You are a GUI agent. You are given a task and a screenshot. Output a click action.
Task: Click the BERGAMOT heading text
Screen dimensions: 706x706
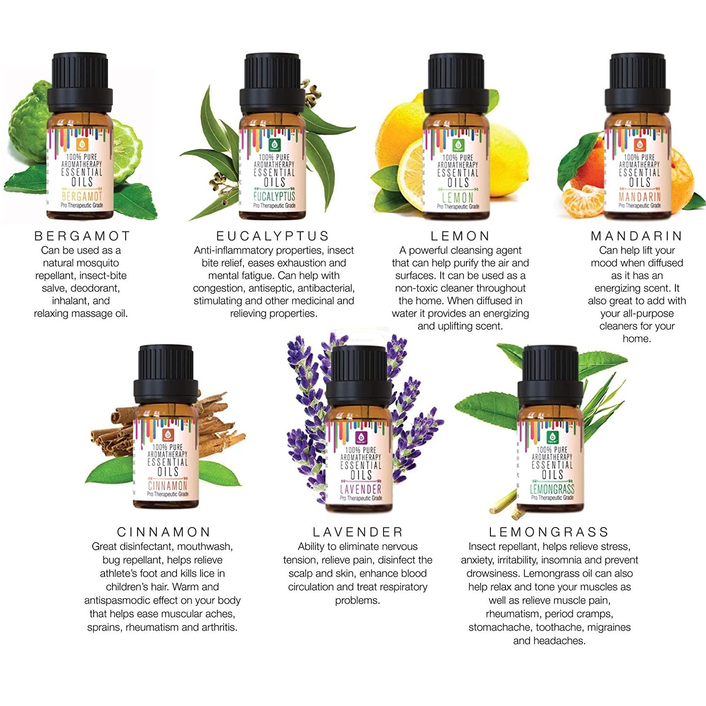[82, 236]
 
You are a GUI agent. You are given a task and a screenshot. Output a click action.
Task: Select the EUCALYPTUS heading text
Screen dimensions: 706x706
[273, 236]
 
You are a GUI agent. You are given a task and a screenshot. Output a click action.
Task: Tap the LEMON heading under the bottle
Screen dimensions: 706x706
[460, 236]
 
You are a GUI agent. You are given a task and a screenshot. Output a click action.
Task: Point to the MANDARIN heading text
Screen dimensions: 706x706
[636, 236]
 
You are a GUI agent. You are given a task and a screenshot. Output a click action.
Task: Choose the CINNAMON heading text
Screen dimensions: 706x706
[163, 532]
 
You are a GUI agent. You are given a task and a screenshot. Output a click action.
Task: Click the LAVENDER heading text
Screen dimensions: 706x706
[358, 532]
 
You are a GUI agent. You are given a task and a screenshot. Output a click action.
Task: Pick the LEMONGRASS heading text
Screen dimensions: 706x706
[549, 532]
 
